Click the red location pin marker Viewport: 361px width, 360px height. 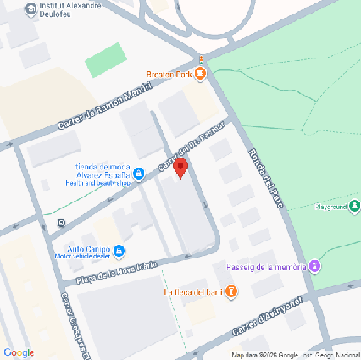coord(180,168)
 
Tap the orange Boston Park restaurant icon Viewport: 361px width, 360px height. coord(200,75)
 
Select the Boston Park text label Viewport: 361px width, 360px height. coord(170,75)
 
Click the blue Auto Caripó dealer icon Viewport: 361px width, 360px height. coord(119,251)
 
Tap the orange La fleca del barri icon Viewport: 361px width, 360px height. coord(231,292)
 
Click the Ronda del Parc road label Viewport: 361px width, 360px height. coord(269,178)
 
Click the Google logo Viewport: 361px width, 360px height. coord(18,352)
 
